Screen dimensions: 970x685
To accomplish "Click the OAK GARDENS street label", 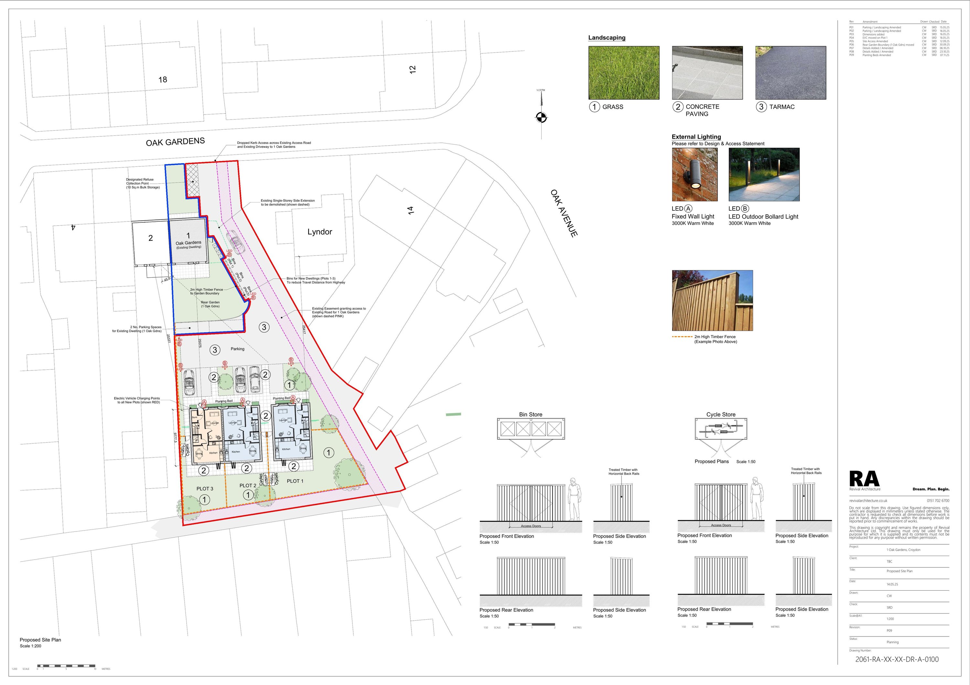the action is coord(175,142).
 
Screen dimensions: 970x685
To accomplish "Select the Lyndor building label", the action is coord(319,232).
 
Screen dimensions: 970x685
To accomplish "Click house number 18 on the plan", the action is coord(163,80).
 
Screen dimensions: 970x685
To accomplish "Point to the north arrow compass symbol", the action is coord(541,117).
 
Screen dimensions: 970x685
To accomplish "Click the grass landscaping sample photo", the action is coord(624,73).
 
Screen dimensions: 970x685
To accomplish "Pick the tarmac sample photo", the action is coord(791,73).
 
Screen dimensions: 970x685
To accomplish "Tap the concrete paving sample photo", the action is coord(707,73).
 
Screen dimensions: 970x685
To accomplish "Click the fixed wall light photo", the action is coord(695,175).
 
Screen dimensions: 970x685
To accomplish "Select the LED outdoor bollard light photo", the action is coord(764,175).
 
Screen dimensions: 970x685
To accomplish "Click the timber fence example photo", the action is coord(712,301).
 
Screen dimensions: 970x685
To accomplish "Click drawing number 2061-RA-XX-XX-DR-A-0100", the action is coord(897,659).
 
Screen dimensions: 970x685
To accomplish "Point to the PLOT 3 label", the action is coord(205,489).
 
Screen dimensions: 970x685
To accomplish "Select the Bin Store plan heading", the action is coord(531,414).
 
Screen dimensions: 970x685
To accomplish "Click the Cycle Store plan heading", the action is coord(721,414).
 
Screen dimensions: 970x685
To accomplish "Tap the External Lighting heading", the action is coord(696,137).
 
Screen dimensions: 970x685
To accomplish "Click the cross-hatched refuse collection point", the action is coord(193,179).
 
